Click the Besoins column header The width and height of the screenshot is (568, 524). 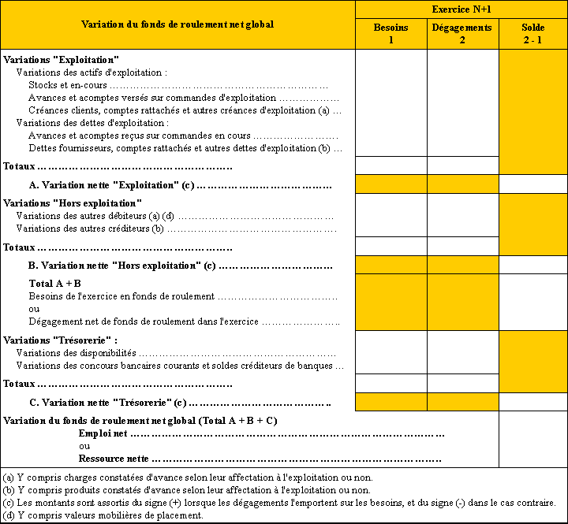[x=391, y=33]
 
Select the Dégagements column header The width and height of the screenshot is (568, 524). [x=462, y=33]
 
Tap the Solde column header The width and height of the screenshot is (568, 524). [x=533, y=33]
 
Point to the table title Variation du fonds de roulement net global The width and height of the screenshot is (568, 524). [x=177, y=24]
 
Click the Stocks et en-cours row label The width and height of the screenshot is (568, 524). [x=69, y=85]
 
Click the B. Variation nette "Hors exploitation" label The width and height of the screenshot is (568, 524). [x=121, y=266]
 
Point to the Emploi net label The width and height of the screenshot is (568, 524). [x=103, y=433]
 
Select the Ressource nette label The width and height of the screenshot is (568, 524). [x=114, y=458]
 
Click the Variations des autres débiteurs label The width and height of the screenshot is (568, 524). [x=94, y=216]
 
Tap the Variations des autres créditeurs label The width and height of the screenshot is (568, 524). [x=90, y=229]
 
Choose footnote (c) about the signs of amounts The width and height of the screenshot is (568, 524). [x=279, y=503]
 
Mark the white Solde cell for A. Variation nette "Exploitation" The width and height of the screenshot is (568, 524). [x=533, y=184]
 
